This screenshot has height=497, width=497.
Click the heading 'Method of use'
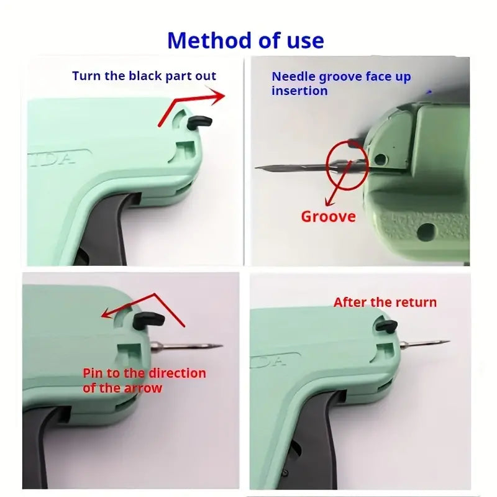[245, 40]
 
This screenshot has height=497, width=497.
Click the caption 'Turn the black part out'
[144, 76]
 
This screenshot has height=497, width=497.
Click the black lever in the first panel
[199, 122]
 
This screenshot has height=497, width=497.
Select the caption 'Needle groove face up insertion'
[341, 84]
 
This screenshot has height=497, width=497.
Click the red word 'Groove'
[329, 217]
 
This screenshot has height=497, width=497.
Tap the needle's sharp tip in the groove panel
[256, 167]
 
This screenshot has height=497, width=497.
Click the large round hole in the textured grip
[426, 231]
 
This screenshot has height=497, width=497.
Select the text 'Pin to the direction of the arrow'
[144, 380]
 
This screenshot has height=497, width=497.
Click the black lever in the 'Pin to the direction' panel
[148, 321]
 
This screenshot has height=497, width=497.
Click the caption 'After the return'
[385, 303]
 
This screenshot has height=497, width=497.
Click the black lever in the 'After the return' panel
[386, 326]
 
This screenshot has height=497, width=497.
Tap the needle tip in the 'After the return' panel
[449, 341]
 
